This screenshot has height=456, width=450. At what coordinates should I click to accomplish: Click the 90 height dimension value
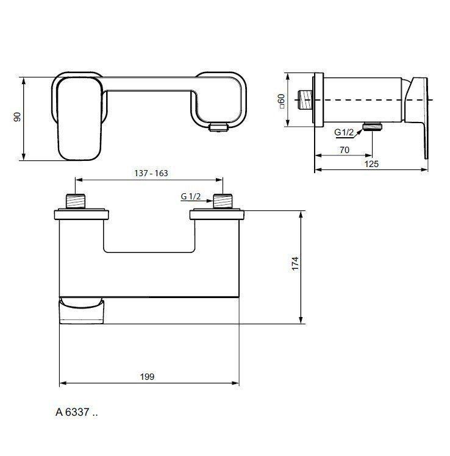pos(18,117)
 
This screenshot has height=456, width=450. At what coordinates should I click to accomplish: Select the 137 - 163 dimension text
pos(151,173)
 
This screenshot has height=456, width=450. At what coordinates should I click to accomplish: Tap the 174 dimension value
pos(295,264)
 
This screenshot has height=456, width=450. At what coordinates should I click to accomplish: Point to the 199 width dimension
pos(146,377)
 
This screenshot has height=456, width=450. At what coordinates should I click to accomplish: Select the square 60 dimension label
pos(282,100)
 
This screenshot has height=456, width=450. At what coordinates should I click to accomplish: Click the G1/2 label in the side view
pos(344,132)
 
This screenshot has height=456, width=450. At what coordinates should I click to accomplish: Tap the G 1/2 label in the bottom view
pos(191,196)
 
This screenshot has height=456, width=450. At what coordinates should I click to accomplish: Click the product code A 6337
pos(76,413)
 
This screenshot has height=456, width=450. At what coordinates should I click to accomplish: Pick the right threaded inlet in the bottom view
pos(223,201)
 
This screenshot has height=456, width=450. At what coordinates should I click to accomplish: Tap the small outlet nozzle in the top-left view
pos(217,127)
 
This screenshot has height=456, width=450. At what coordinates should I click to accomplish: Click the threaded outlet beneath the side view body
pos(371,126)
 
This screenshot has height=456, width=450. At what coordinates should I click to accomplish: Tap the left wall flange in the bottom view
pos(82,214)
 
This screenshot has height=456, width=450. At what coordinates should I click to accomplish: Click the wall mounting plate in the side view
pos(316,101)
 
